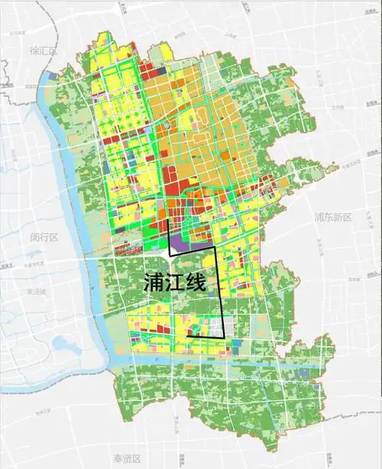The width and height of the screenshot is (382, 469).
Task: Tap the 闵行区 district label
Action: click(x=45, y=237)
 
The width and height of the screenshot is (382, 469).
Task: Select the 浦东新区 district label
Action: click(x=332, y=218)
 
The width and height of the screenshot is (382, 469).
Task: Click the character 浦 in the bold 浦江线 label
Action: click(x=154, y=282)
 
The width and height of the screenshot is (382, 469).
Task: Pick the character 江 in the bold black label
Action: click(x=176, y=282)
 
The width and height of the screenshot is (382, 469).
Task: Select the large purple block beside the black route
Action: click(x=180, y=243)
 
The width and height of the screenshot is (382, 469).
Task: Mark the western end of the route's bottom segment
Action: click(x=188, y=337)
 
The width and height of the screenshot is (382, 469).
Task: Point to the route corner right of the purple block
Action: click(x=215, y=251)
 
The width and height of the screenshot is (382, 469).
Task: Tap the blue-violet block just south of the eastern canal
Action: click(x=303, y=374)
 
